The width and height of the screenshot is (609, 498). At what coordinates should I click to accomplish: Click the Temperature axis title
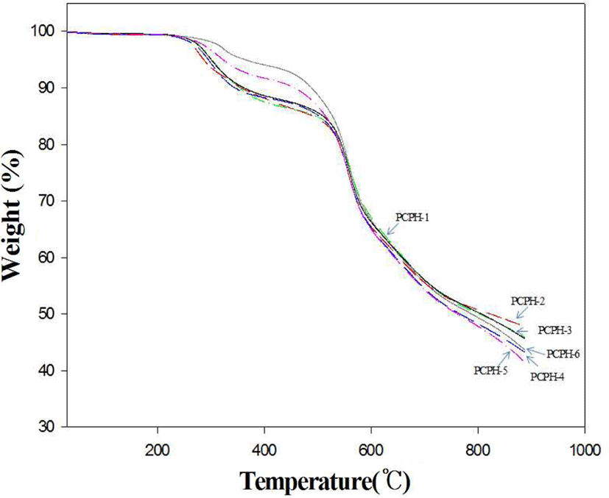tap(325, 481)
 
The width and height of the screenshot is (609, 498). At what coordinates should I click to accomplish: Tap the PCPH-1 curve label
tap(412, 217)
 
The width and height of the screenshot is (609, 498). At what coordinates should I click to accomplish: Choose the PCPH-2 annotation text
tap(528, 301)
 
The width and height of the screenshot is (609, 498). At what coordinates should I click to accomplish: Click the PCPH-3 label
tap(555, 330)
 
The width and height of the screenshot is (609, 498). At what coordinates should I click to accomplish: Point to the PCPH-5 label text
tap(490, 371)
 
